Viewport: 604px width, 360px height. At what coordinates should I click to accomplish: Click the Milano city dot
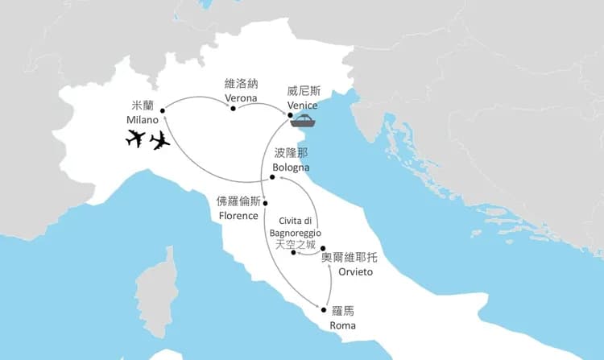[x=162, y=110]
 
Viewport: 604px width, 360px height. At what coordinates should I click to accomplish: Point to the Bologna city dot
[x=273, y=177]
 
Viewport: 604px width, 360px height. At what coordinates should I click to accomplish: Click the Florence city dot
[x=265, y=202]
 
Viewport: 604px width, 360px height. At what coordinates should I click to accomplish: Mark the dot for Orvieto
[x=322, y=249]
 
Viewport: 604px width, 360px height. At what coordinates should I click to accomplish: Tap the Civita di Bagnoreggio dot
[x=293, y=253]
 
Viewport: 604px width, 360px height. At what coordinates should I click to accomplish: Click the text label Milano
[x=142, y=120]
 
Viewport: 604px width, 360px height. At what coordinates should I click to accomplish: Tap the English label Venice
[x=302, y=106]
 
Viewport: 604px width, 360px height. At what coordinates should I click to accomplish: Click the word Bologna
[x=290, y=167]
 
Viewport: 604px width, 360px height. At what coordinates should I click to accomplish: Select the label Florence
[x=238, y=215]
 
